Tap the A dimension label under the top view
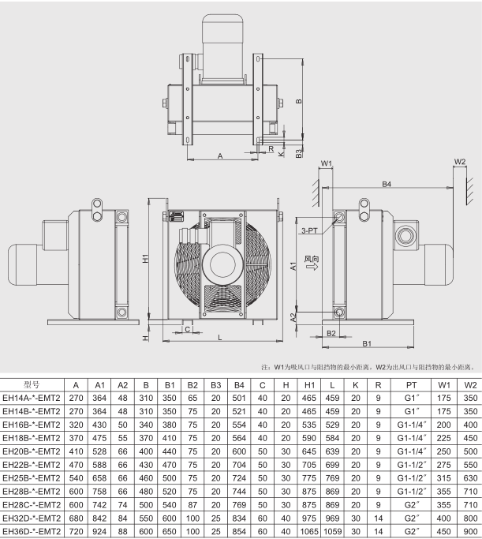(220, 155)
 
